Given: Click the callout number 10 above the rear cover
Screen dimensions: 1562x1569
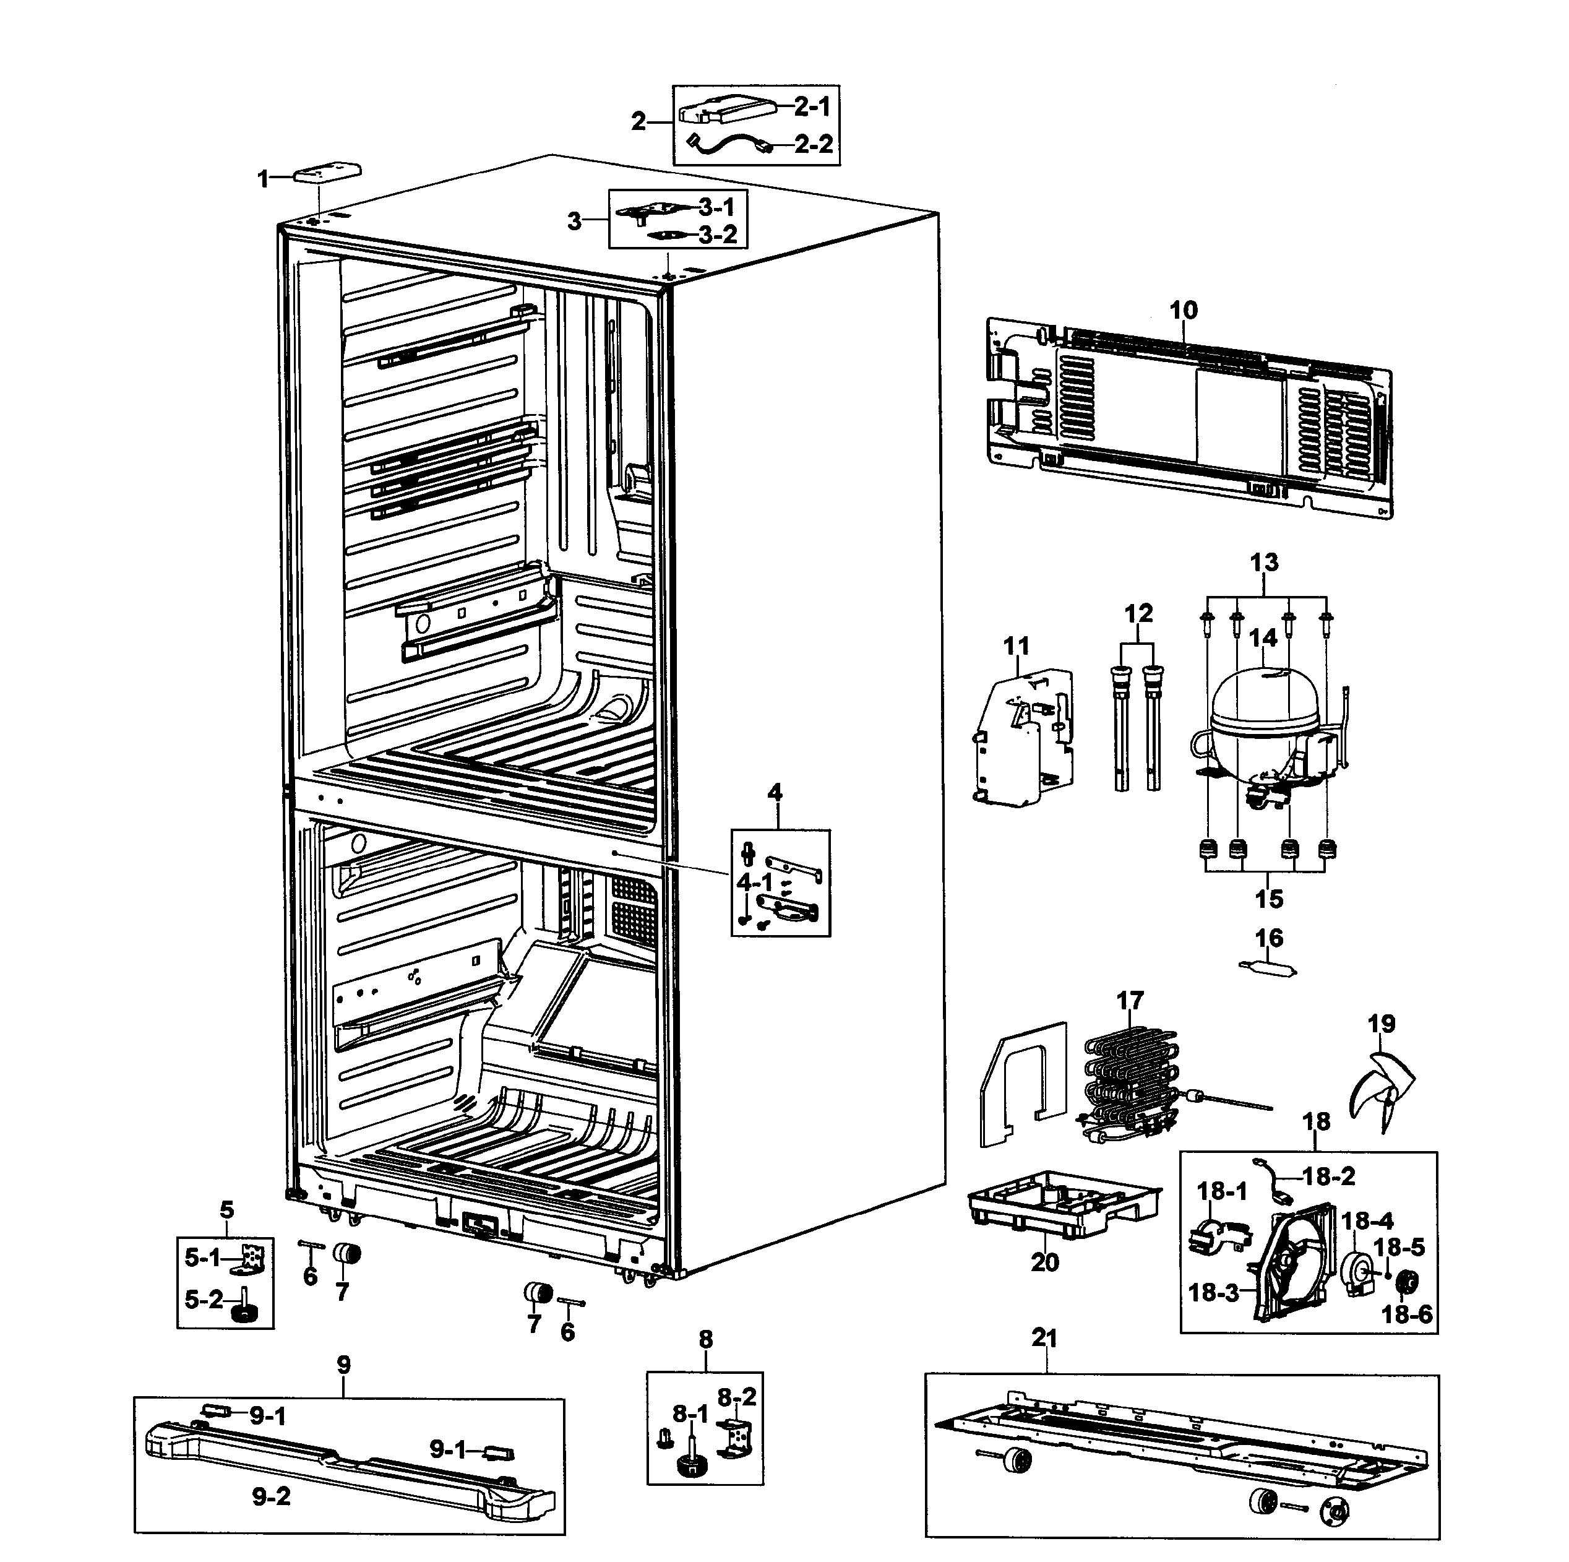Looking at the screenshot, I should pos(1184,309).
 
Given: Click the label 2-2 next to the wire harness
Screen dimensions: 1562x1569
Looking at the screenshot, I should pos(813,144).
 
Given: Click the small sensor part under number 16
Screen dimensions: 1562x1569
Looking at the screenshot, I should pos(1267,967).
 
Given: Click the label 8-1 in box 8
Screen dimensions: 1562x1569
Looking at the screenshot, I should pos(690,1414).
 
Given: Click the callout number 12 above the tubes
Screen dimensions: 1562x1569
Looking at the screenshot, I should pos(1138,613).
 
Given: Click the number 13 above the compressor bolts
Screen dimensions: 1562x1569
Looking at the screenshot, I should pos(1263,561).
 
